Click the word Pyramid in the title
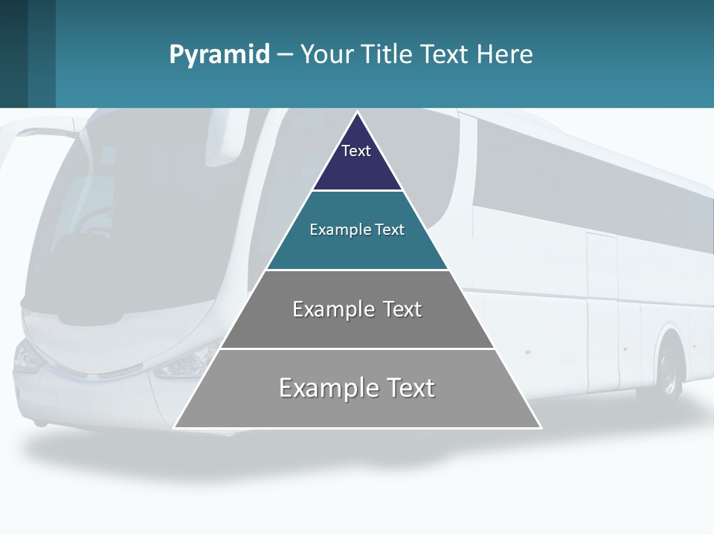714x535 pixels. coord(219,55)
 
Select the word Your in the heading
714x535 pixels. coord(328,55)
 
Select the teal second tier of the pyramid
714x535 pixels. coord(357,249)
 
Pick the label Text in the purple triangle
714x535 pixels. coord(356,151)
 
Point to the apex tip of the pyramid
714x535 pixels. coord(358,113)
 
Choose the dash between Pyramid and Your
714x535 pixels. coord(285,55)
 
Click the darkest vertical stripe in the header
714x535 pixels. coord(13,53)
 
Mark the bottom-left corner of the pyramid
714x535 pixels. coord(175,427)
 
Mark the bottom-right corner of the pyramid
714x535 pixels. coord(541,427)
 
